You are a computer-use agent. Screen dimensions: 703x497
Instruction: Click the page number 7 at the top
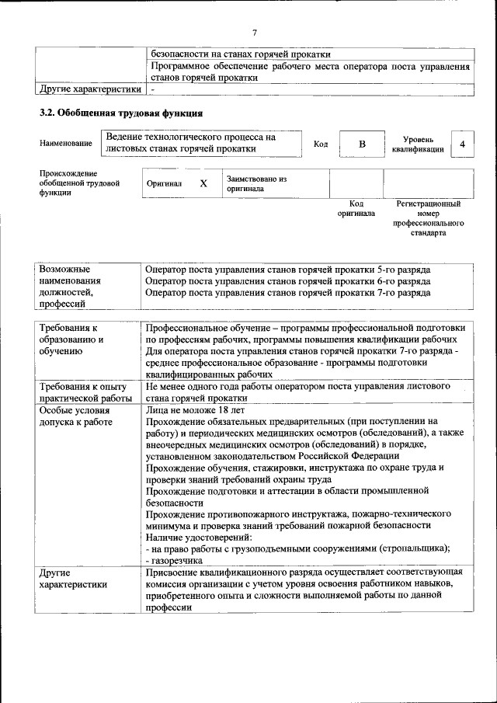pyautogui.click(x=254, y=32)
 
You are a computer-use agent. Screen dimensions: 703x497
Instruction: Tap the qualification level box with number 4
pyautogui.click(x=463, y=144)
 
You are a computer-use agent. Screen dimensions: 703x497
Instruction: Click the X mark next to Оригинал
pyautogui.click(x=203, y=184)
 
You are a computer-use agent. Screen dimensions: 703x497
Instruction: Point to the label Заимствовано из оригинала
pyautogui.click(x=256, y=183)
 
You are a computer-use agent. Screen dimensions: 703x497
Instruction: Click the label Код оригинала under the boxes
pyautogui.click(x=356, y=208)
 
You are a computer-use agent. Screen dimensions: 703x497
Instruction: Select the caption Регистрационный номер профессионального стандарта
pyautogui.click(x=428, y=218)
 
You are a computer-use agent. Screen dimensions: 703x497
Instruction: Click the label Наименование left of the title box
pyautogui.click(x=65, y=144)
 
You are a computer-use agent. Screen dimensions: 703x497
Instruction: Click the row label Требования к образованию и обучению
pyautogui.click(x=74, y=339)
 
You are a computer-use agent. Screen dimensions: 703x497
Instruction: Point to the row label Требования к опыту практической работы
pyautogui.click(x=85, y=392)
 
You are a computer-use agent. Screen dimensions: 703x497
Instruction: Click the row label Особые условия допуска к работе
pyautogui.click(x=75, y=416)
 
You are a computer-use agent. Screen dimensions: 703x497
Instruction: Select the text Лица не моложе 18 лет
pyautogui.click(x=184, y=410)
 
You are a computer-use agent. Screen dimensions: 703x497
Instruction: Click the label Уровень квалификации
pyautogui.click(x=418, y=144)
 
